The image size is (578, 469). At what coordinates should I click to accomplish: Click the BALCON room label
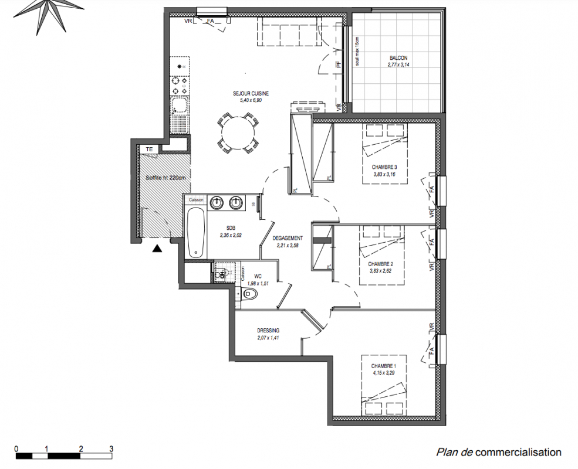[x=397, y=58]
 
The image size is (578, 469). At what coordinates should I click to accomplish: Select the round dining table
[x=238, y=132]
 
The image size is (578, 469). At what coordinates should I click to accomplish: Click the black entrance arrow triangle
[x=157, y=249]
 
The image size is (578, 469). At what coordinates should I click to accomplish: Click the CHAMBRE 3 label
[x=385, y=167]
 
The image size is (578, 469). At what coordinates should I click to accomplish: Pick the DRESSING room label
[x=268, y=331]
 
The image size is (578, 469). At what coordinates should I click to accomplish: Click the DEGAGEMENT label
[x=288, y=238]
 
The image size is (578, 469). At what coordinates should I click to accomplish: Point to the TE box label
[x=149, y=149]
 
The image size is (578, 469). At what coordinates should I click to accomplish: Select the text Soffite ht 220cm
[x=166, y=178]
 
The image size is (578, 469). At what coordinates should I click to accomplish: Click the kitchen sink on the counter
[x=179, y=107]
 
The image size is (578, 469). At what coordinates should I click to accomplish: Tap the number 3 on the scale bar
[x=111, y=448]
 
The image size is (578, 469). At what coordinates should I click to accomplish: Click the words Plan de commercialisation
[x=498, y=452]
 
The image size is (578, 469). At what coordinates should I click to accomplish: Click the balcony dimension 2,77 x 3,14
[x=397, y=65]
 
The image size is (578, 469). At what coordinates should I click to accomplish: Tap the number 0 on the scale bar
[x=16, y=448]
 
